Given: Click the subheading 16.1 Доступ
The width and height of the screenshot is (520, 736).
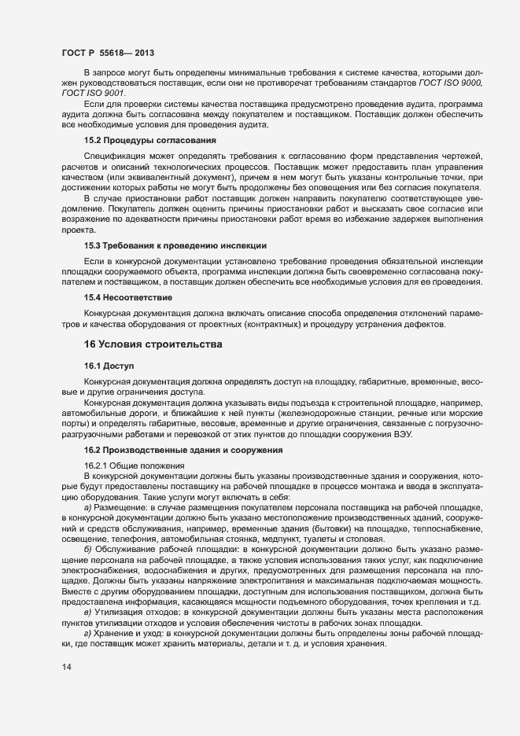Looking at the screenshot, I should (x=110, y=366).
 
